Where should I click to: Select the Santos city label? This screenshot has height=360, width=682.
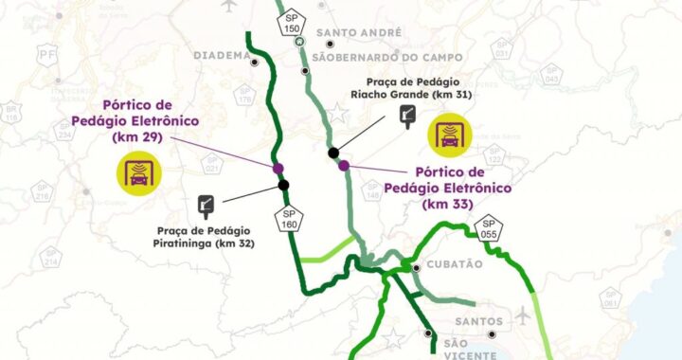click(476, 322)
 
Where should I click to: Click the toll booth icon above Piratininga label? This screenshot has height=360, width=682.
click(206, 205)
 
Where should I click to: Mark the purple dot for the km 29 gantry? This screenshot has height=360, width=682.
click(278, 169)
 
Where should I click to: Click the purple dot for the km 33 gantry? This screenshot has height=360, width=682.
click(344, 166)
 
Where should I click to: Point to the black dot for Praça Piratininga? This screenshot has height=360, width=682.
click(283, 185)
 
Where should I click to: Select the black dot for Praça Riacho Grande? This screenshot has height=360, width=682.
click(333, 153)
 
